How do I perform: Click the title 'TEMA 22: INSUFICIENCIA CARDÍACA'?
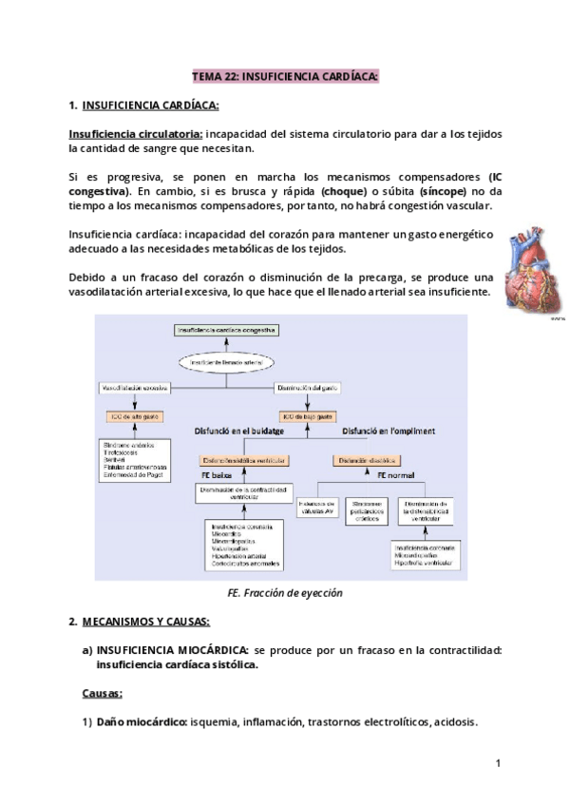tap(285, 75)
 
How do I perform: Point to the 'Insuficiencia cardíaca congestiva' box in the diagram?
tap(227, 329)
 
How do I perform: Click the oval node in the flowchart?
tap(227, 363)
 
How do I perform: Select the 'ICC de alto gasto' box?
tap(133, 417)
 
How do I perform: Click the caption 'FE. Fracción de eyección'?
tap(285, 592)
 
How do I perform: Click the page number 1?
tap(498, 762)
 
